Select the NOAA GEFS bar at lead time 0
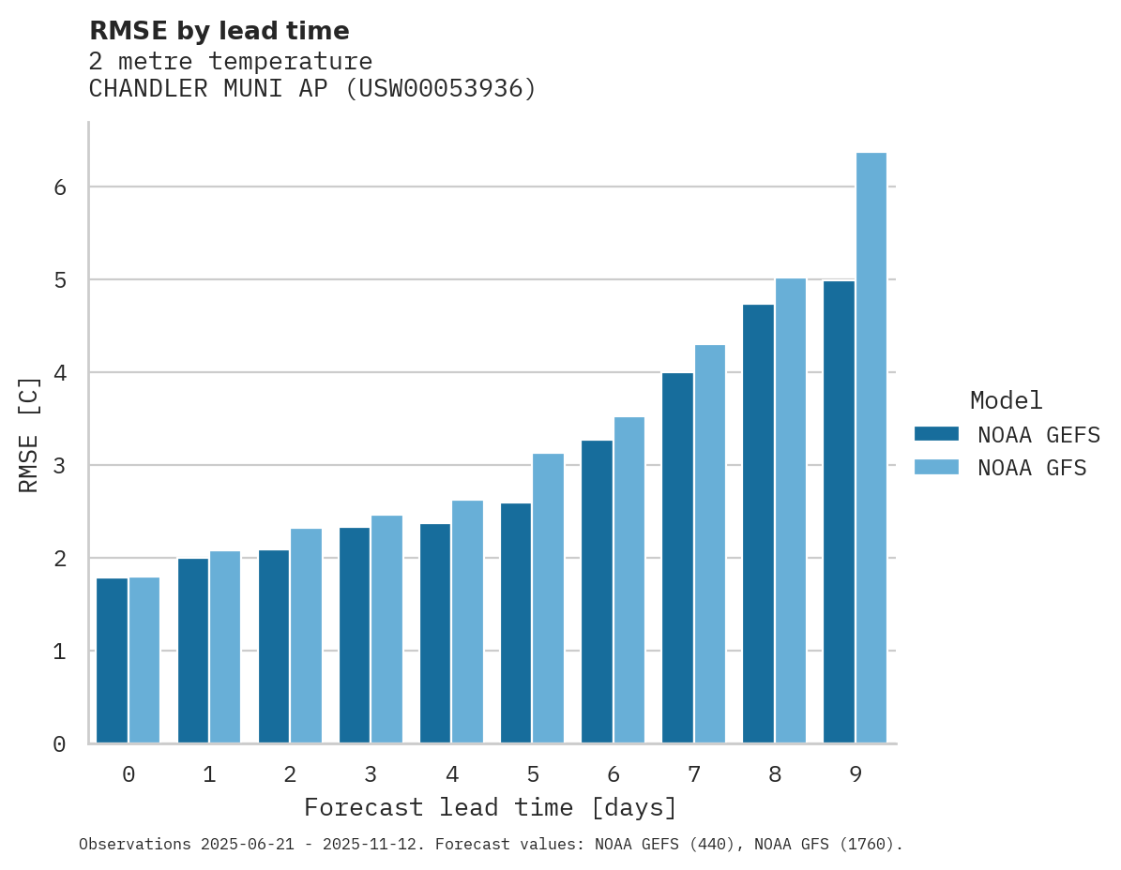point(113,661)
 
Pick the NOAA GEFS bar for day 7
point(677,558)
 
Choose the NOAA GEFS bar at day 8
point(758,524)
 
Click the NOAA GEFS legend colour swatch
point(936,433)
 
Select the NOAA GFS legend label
point(1032,468)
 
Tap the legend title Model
point(1006,400)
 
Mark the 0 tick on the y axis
point(59,744)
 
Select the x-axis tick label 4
point(451,774)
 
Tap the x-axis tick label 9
point(855,774)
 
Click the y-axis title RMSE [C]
point(29,434)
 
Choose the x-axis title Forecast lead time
point(490,807)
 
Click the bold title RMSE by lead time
point(219,31)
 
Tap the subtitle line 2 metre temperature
point(230,61)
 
